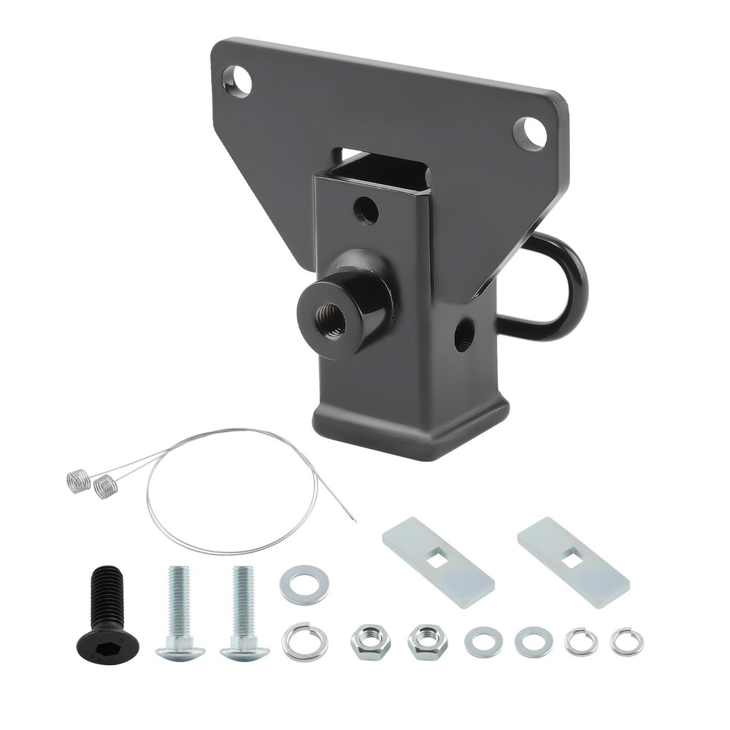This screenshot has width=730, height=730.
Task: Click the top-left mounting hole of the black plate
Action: tap(237, 81)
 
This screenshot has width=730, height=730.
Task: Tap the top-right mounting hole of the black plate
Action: tap(530, 133)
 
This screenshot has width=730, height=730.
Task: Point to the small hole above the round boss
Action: tap(366, 212)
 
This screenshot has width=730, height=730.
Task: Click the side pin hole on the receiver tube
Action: tap(464, 337)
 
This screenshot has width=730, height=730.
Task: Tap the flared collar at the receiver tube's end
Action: tap(411, 427)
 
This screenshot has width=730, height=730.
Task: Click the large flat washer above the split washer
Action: tap(304, 585)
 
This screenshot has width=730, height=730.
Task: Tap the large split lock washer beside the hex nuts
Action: tap(304, 641)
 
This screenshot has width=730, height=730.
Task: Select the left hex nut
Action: tap(369, 642)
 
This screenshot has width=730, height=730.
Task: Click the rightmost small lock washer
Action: tap(627, 642)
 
